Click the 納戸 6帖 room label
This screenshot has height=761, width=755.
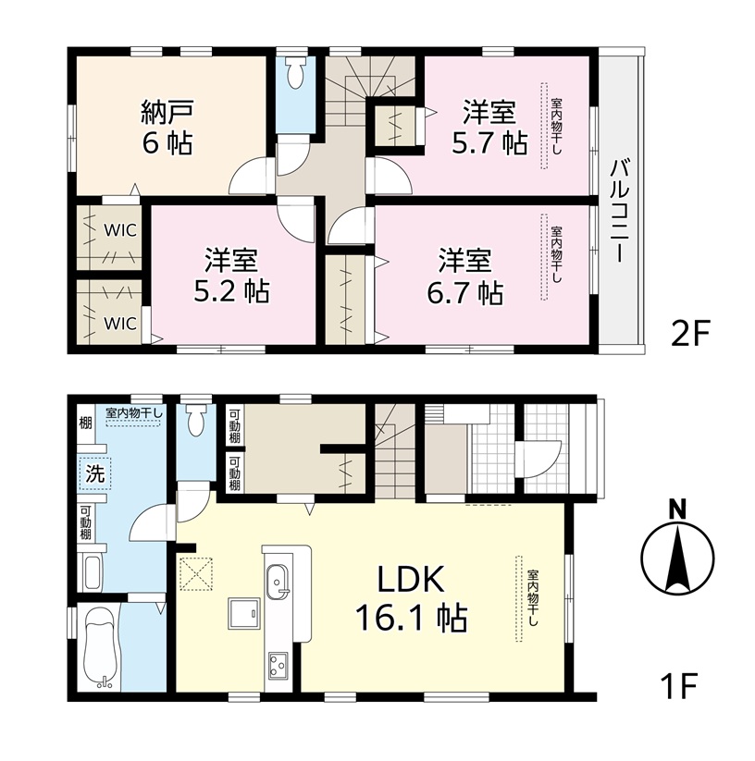[x=167, y=127]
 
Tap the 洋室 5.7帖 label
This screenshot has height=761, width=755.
[x=489, y=127]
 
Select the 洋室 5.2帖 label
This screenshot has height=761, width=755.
[x=231, y=276]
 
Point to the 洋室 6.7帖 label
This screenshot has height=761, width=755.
[x=464, y=276]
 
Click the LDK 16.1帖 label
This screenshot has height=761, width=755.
[x=411, y=598]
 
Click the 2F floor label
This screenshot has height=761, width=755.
[x=690, y=335]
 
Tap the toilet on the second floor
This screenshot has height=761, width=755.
[x=295, y=74]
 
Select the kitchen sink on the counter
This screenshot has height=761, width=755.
[x=277, y=582]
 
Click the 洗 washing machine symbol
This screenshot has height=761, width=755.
[x=95, y=473]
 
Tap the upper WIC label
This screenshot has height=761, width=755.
[x=120, y=230]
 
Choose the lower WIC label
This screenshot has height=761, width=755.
[x=120, y=323]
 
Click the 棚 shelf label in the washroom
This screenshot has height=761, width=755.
[x=85, y=423]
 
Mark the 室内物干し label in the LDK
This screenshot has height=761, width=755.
[x=532, y=598]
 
